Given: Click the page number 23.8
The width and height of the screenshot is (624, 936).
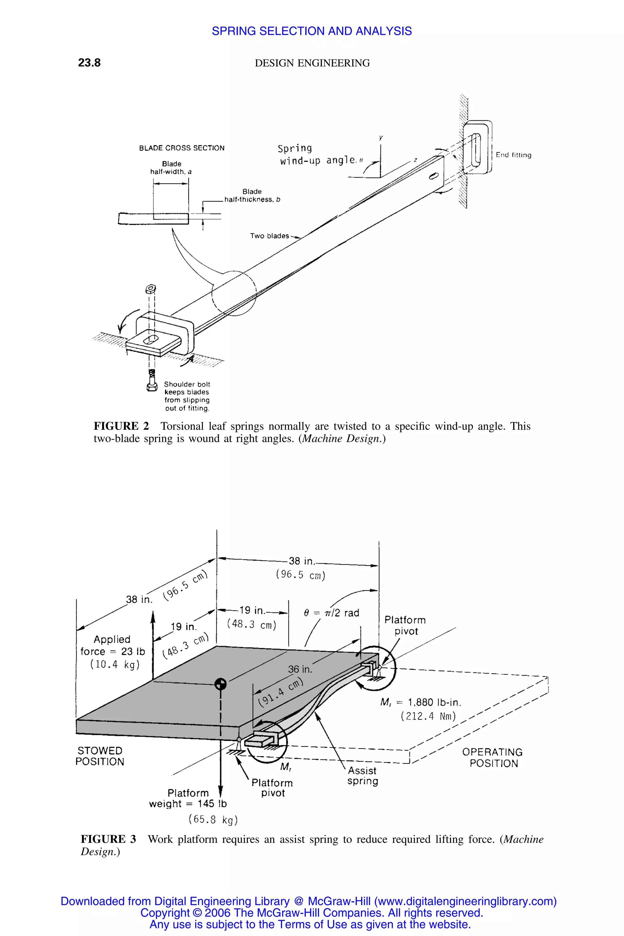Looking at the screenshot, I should [89, 63].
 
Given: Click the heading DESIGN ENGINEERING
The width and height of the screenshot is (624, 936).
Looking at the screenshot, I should [312, 63].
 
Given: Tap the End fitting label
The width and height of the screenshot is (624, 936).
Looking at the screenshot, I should [513, 155].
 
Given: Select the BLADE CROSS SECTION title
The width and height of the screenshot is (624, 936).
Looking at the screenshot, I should [182, 148].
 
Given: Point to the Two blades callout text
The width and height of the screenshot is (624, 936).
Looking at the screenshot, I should [269, 236].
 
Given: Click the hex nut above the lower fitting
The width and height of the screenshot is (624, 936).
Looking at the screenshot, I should [151, 288].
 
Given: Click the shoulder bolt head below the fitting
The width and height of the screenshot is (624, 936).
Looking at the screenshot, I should [152, 386].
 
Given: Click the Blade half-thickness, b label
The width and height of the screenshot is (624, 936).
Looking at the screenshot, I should [252, 195].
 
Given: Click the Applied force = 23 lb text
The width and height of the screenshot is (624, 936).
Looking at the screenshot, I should [113, 651].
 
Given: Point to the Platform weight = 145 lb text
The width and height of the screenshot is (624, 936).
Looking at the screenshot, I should [188, 798].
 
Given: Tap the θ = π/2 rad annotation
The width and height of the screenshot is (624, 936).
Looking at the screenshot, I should [331, 613].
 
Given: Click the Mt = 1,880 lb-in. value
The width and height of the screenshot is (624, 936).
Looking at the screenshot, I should [421, 702].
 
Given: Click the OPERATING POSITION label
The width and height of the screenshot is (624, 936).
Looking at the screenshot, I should [493, 758].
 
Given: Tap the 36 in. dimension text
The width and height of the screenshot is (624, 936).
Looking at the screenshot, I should [300, 669].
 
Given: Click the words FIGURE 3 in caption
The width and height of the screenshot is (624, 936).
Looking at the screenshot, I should [108, 839].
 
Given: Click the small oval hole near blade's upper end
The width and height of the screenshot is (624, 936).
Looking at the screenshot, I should [433, 177].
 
